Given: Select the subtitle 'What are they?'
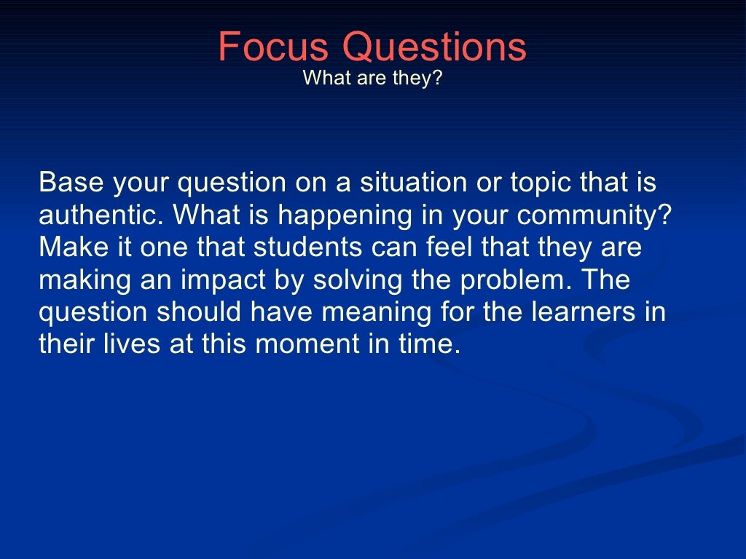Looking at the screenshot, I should click(372, 77).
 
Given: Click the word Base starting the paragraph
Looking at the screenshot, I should click(71, 183).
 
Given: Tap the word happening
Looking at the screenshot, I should click(338, 216).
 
